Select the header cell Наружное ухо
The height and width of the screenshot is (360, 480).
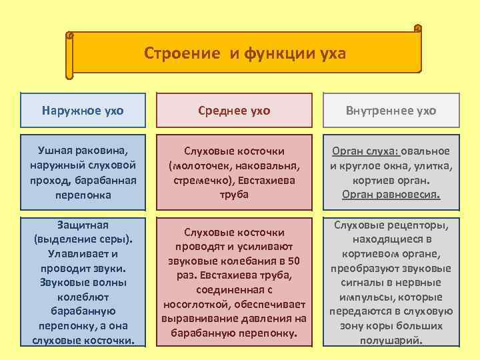(x=83, y=111)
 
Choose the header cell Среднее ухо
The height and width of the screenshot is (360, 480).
(x=233, y=111)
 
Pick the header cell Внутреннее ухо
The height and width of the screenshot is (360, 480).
(x=391, y=111)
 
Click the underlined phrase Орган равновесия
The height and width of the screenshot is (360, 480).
(x=391, y=195)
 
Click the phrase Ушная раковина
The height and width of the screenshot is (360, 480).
(x=83, y=151)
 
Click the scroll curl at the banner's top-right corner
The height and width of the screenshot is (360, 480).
(x=417, y=29)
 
